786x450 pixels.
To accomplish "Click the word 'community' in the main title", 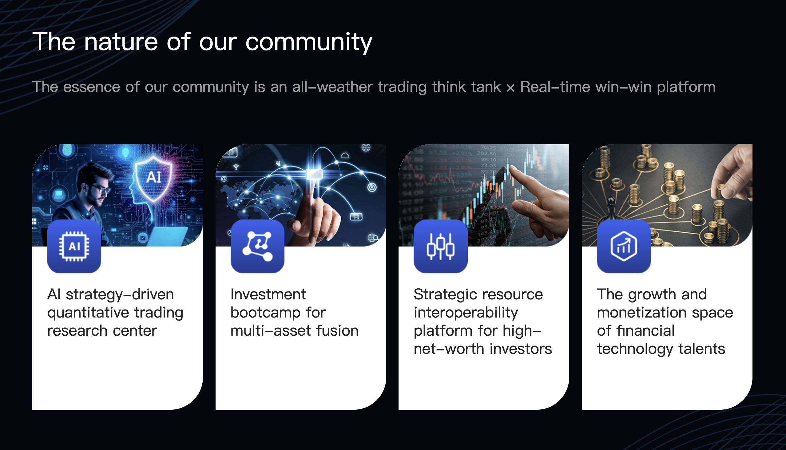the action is click(308, 42).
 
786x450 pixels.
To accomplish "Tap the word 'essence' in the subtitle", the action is click(92, 87).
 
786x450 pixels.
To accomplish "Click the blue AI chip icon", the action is click(74, 246).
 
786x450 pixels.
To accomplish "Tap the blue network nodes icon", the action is click(258, 246).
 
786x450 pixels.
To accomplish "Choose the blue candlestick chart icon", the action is click(441, 246).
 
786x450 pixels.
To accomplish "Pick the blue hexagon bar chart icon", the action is click(624, 246).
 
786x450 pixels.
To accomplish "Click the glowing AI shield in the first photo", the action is click(154, 178).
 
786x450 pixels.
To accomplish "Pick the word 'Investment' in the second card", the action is click(268, 294).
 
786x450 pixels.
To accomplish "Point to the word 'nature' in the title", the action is click(121, 42).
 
